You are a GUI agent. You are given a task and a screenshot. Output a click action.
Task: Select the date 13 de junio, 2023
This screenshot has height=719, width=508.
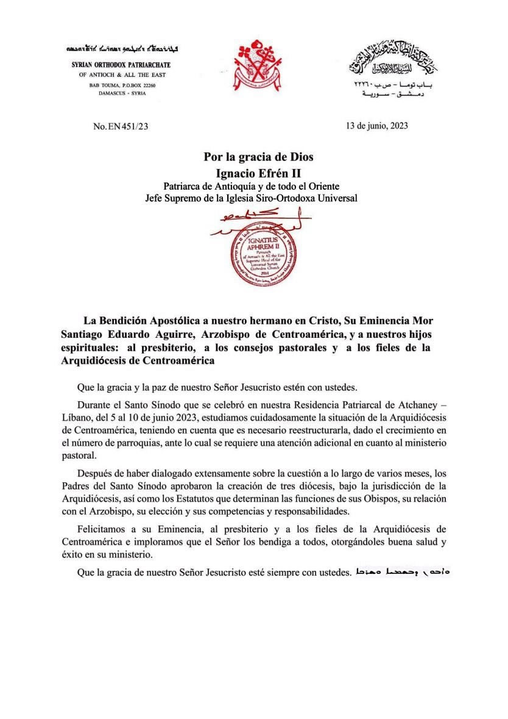click(376, 126)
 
